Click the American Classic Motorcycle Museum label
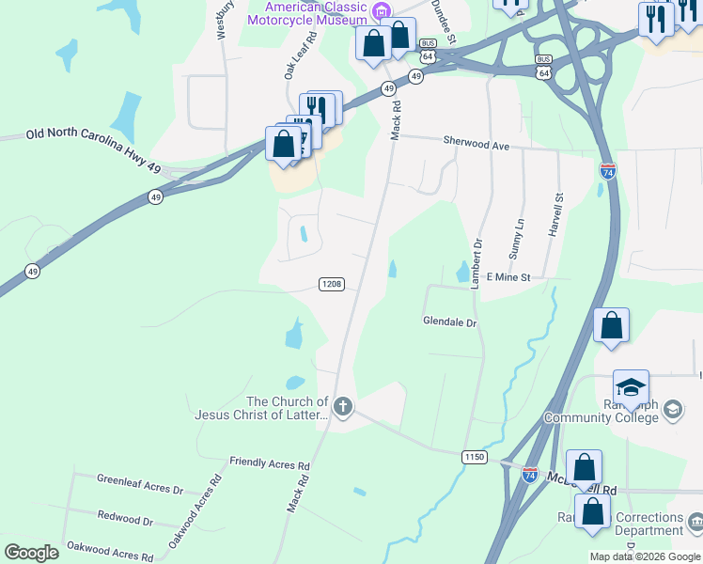[307, 12]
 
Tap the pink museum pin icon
[380, 12]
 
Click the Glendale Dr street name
[450, 322]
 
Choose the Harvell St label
[558, 214]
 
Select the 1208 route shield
[331, 284]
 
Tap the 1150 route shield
[475, 456]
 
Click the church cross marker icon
[343, 407]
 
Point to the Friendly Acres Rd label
[270, 464]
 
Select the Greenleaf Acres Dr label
[140, 484]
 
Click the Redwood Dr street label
[125, 518]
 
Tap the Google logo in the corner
[31, 552]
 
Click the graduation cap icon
[631, 387]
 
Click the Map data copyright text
[645, 556]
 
